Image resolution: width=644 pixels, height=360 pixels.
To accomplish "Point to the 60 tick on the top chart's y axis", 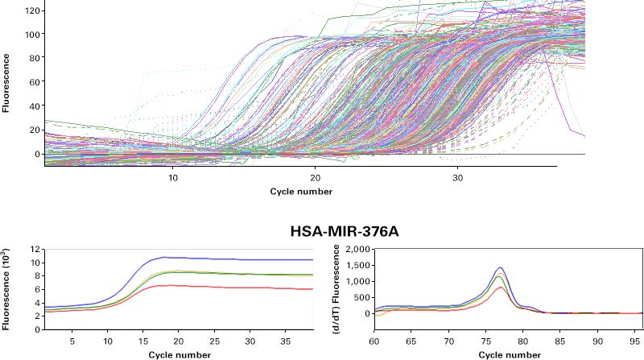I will point(33,83).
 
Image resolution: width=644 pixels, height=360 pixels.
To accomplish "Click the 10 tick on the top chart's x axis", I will point(173,177).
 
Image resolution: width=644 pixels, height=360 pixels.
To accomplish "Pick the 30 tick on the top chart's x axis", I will point(456,177).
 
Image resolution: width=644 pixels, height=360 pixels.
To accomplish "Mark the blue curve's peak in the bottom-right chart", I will point(500,268).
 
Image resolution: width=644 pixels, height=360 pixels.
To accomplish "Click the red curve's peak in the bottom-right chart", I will point(500,288).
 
